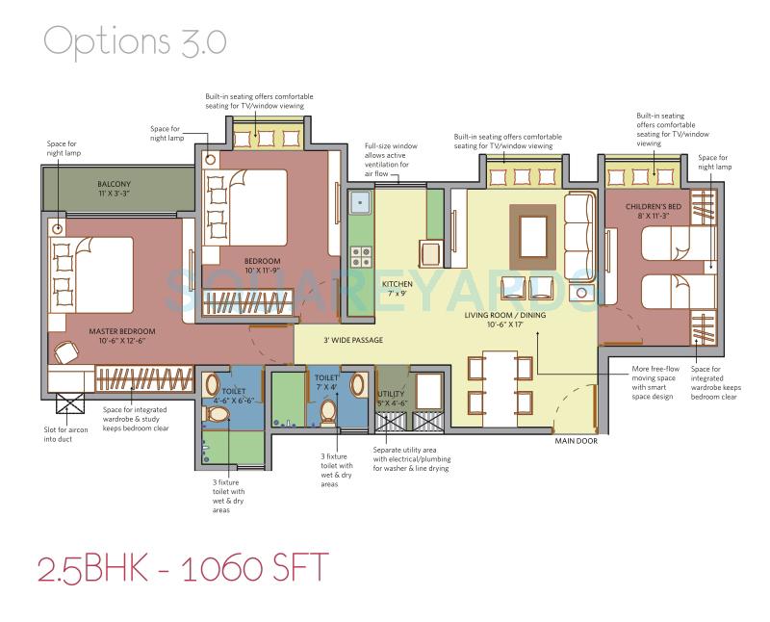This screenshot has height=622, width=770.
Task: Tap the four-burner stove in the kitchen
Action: click(x=362, y=256)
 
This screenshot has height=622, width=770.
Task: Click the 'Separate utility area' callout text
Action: click(x=411, y=459)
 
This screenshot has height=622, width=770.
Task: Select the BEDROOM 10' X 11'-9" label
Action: click(x=263, y=267)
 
